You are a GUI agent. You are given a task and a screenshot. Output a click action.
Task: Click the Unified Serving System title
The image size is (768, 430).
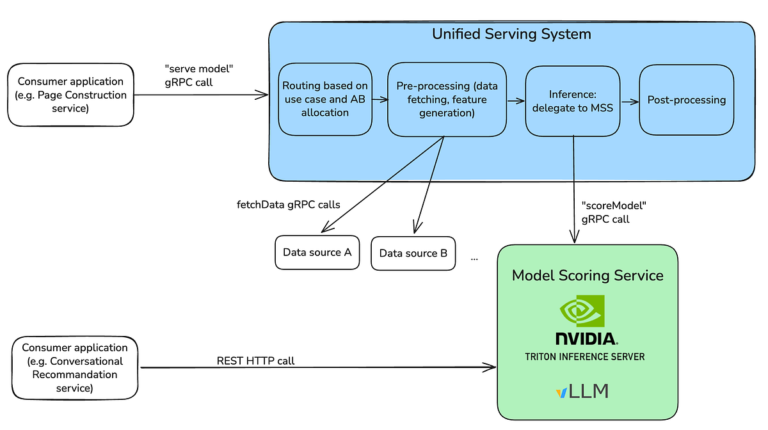point(511,35)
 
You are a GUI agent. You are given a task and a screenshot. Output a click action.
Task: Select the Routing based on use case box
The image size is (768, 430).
point(325,99)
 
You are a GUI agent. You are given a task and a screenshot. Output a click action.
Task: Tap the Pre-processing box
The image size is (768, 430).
point(447,99)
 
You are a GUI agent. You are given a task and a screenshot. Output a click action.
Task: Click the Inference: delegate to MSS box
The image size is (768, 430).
point(573,101)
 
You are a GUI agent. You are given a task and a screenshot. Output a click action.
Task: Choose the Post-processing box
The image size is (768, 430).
point(686,100)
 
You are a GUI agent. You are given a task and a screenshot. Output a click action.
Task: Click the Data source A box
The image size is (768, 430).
point(317,252)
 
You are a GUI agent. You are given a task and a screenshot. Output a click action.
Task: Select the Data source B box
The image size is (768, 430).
point(413,253)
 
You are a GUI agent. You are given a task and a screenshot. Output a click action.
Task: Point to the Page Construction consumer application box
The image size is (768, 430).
point(70,95)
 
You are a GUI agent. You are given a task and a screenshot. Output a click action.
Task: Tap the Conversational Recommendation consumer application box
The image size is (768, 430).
point(75,367)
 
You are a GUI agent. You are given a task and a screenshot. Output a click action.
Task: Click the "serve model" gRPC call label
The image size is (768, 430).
point(199,76)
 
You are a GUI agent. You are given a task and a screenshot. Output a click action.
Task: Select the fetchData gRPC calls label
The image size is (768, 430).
point(289,205)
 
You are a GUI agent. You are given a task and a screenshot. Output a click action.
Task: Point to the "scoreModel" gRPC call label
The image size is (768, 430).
point(614,212)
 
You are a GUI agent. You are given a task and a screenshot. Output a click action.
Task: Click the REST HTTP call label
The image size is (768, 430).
point(255,361)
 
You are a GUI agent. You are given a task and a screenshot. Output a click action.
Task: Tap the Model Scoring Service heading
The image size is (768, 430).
point(588,275)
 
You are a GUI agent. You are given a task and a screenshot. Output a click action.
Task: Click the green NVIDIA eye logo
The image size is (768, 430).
point(582,311)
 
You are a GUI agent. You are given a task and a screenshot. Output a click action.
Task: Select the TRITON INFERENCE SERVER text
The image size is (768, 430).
point(584,356)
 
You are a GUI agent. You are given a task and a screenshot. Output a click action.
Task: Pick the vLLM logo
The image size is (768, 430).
point(582,391)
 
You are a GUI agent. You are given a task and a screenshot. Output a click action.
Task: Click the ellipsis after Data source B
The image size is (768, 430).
point(474,259)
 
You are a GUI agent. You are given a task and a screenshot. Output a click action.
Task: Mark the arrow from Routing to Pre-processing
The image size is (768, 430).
point(380,100)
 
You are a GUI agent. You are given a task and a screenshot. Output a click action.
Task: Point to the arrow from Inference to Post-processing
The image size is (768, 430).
point(630,102)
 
